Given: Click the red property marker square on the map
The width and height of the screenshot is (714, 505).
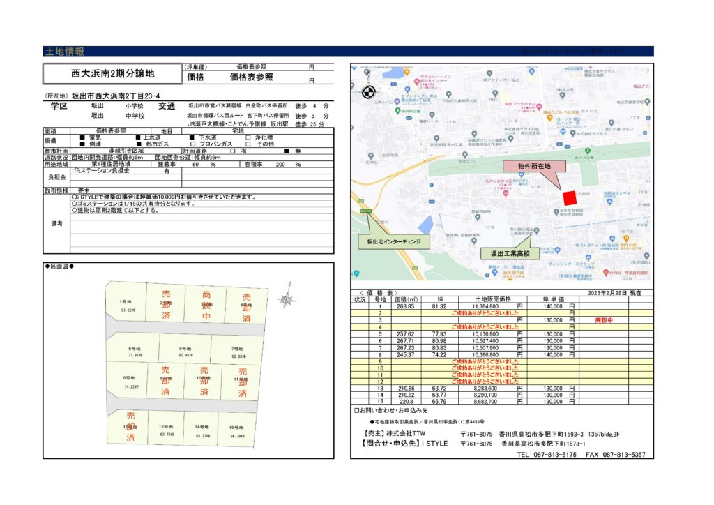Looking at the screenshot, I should tap(570, 198).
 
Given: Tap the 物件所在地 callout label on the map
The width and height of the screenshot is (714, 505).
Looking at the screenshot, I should tap(533, 166).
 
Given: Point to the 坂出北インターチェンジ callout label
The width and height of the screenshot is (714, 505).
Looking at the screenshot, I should tap(394, 242).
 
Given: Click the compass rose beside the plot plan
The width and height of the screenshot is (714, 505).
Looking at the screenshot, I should tap(285, 299).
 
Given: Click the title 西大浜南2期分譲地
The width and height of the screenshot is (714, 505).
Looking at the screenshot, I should tap(113, 73).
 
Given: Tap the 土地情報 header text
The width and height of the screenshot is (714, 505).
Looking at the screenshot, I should tap(64, 52).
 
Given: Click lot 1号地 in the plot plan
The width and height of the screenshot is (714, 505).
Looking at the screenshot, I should tap(126, 305).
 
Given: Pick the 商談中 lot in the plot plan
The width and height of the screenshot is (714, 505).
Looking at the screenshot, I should tap(206, 305).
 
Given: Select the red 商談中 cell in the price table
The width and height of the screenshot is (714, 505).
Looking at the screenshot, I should tap(605, 319).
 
